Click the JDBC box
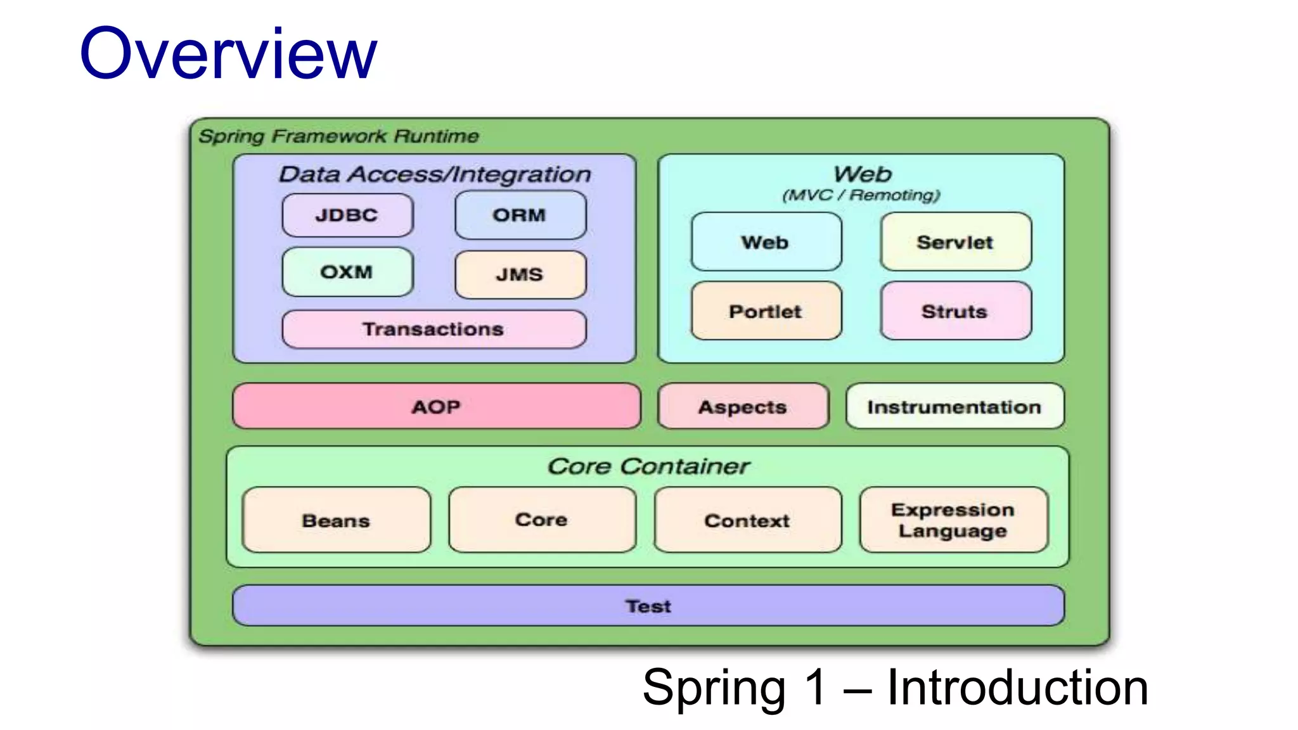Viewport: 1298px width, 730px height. click(347, 215)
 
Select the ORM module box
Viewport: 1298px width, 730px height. click(520, 215)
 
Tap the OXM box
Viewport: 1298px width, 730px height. click(347, 272)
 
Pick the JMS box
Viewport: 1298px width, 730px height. click(520, 274)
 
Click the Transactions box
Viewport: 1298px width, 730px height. click(434, 329)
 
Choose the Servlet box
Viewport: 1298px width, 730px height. click(955, 242)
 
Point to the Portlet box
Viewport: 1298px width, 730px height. click(766, 311)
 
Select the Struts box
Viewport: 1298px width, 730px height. click(955, 311)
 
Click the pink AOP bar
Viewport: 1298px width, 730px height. click(436, 406)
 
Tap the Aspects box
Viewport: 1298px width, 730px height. click(743, 406)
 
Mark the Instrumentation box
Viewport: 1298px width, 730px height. click(954, 406)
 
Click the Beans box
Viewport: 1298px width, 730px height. click(336, 520)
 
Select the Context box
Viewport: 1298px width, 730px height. click(747, 520)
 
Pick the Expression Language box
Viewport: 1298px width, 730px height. click(953, 520)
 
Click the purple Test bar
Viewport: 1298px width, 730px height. click(648, 606)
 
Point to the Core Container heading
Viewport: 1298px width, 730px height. click(648, 466)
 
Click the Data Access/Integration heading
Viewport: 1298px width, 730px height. click(435, 174)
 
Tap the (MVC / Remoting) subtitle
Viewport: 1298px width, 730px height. click(861, 195)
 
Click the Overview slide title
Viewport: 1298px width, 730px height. click(228, 54)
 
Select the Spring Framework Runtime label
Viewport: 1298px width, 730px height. click(338, 136)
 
